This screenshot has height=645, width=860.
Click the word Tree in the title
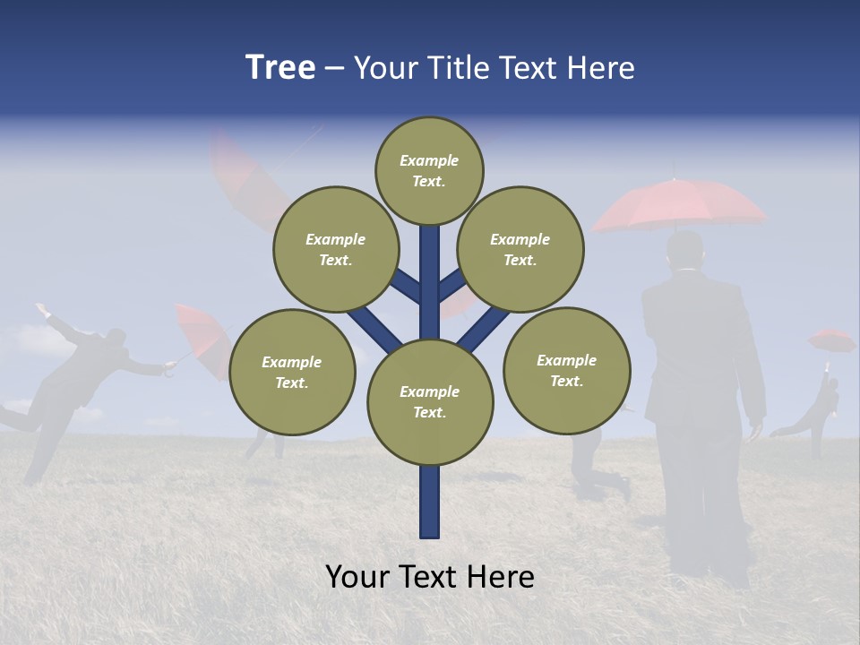pos(280,67)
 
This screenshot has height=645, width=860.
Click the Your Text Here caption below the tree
pos(430,577)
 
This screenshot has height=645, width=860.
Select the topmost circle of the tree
pos(429,170)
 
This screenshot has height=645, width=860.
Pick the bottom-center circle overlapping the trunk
pos(430,402)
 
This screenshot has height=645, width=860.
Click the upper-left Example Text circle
pos(335,249)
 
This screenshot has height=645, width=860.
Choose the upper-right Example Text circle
pos(520,249)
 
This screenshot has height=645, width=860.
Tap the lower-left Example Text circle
pos(292,372)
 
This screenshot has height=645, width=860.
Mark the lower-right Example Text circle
pos(566,370)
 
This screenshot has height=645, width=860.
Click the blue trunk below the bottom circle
pos(430,502)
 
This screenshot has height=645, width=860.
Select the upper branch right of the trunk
pos(451,286)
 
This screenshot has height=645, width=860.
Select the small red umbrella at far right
pos(831,340)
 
